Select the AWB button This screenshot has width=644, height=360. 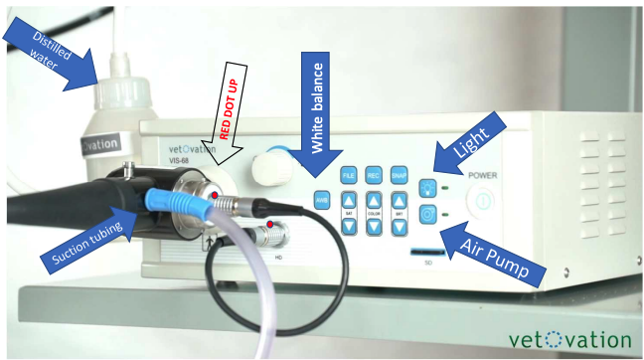(x=322, y=197)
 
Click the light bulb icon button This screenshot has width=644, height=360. (x=427, y=185)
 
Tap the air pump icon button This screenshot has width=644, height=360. (x=427, y=213)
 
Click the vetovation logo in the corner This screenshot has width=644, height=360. (x=567, y=339)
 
